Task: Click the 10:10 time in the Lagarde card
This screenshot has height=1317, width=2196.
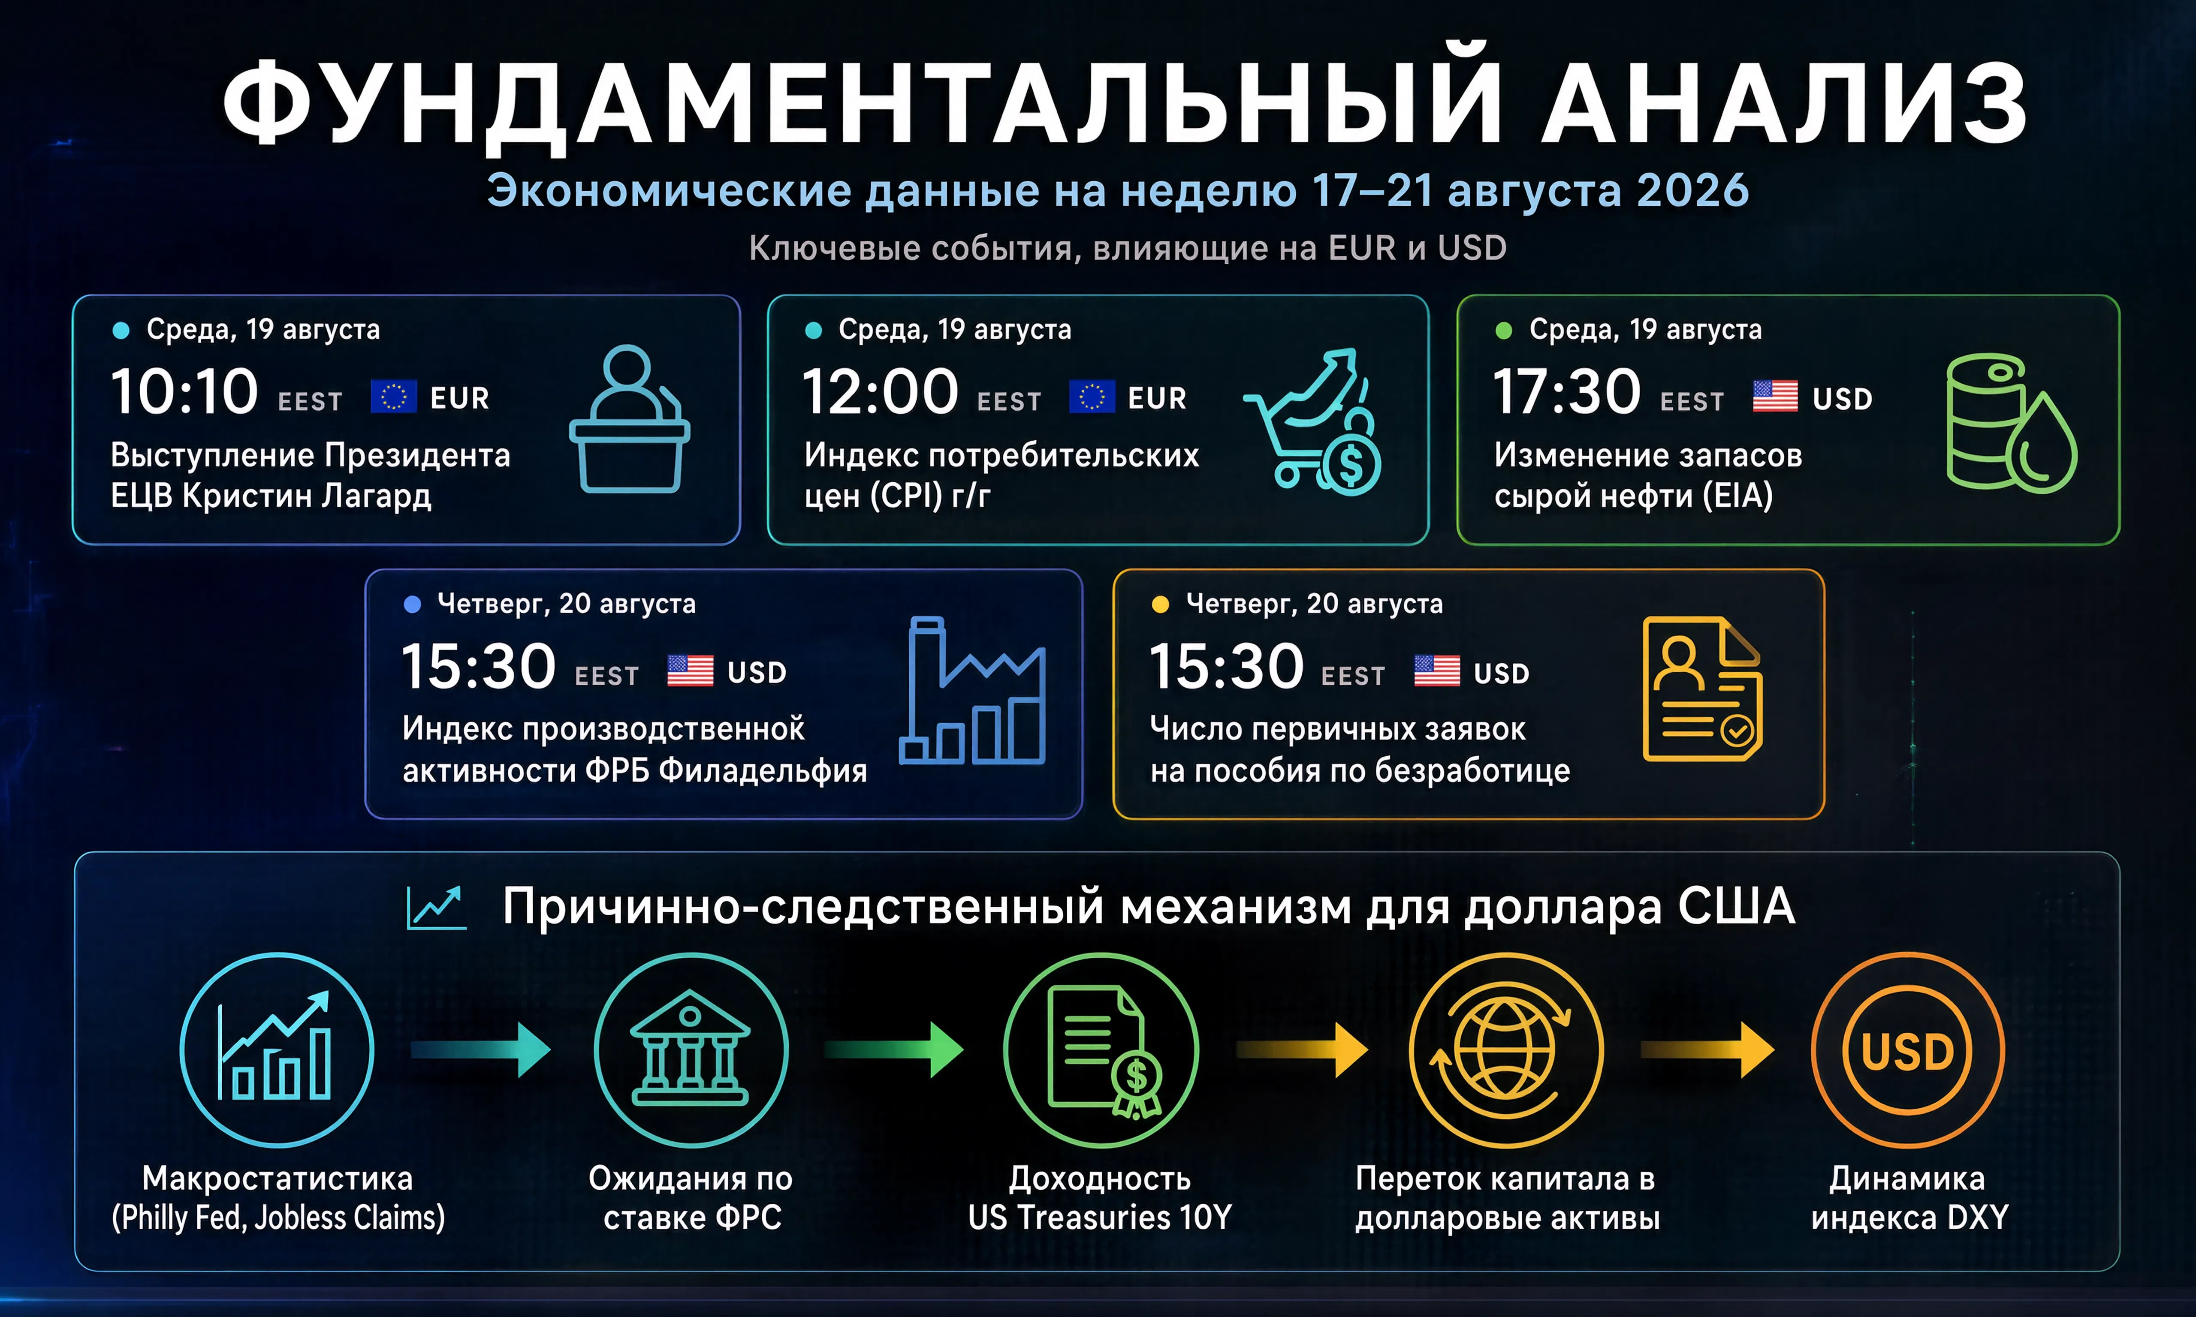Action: [184, 392]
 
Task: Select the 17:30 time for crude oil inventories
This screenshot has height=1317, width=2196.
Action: [1567, 392]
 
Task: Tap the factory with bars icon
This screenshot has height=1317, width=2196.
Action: [972, 691]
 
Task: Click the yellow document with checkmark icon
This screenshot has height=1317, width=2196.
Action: [1702, 689]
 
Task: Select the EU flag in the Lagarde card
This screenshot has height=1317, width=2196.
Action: [393, 397]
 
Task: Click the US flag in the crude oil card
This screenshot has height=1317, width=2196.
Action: [1775, 396]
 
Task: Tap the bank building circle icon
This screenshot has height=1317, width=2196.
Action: [691, 1050]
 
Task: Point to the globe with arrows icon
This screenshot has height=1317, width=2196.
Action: [1506, 1050]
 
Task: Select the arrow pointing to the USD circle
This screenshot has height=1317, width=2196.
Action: [1708, 1050]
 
